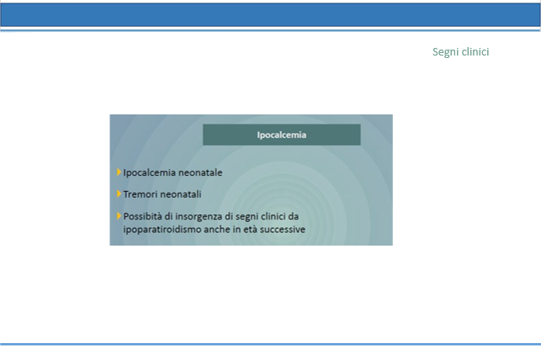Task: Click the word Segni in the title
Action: pos(445,52)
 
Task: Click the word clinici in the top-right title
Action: pos(475,51)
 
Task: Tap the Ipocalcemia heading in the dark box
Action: pos(282,135)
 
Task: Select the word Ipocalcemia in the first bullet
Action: pos(149,172)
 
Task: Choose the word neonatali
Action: pos(178,194)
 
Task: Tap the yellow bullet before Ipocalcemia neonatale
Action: pos(119,172)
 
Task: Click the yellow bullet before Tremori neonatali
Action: pos(119,193)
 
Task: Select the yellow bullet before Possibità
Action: pos(119,216)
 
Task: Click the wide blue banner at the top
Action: pos(271,15)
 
